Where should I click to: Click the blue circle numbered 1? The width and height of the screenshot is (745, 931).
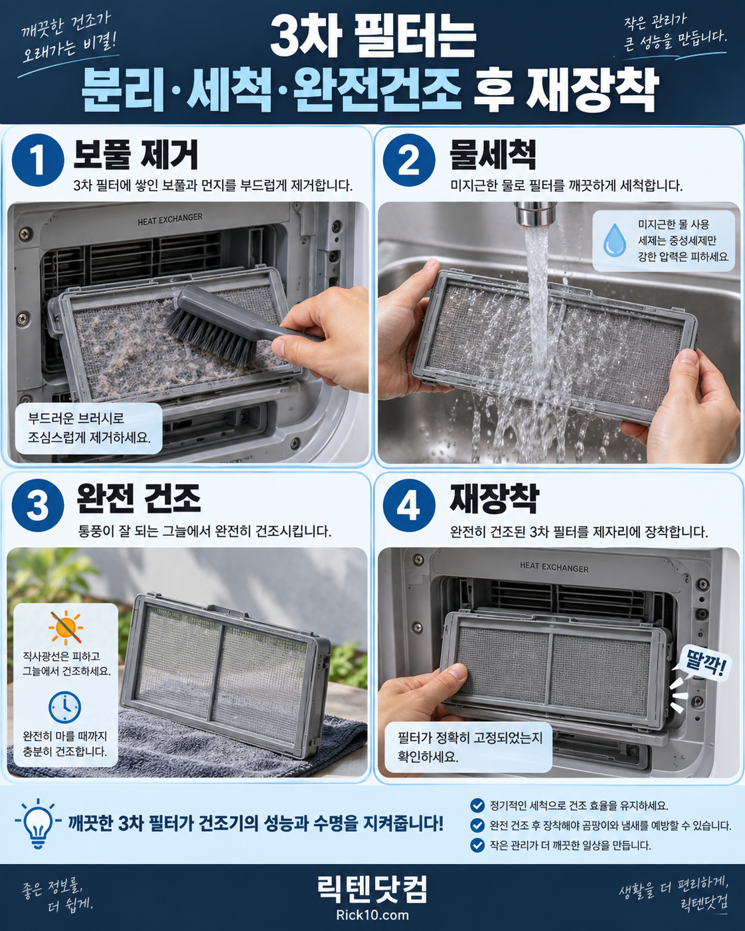(x=38, y=160)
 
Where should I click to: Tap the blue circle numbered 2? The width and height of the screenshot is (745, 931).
(x=409, y=160)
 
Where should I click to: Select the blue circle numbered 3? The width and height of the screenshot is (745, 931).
(x=38, y=505)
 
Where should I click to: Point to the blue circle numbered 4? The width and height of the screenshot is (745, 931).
(x=409, y=505)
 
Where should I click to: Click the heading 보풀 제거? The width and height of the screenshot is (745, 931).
(x=135, y=154)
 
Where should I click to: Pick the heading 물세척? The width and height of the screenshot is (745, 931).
(x=493, y=154)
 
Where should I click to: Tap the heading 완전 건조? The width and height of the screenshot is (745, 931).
(x=139, y=498)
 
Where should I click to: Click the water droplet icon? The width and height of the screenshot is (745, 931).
(x=614, y=240)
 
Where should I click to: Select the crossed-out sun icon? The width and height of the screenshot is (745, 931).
(x=65, y=628)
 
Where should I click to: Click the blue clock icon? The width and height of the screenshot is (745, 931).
(x=64, y=707)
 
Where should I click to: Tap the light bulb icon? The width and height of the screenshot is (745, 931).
(x=38, y=824)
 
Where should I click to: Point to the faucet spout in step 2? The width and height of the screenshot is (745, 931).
(x=535, y=214)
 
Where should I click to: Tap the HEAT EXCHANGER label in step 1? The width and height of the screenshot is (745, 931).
(x=170, y=219)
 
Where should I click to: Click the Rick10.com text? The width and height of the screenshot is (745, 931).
(x=372, y=914)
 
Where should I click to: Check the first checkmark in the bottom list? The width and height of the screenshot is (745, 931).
(x=477, y=805)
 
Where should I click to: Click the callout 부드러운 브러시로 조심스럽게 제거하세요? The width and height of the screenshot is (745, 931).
(x=89, y=428)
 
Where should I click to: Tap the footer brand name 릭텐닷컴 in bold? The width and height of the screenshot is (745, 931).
(x=372, y=889)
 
